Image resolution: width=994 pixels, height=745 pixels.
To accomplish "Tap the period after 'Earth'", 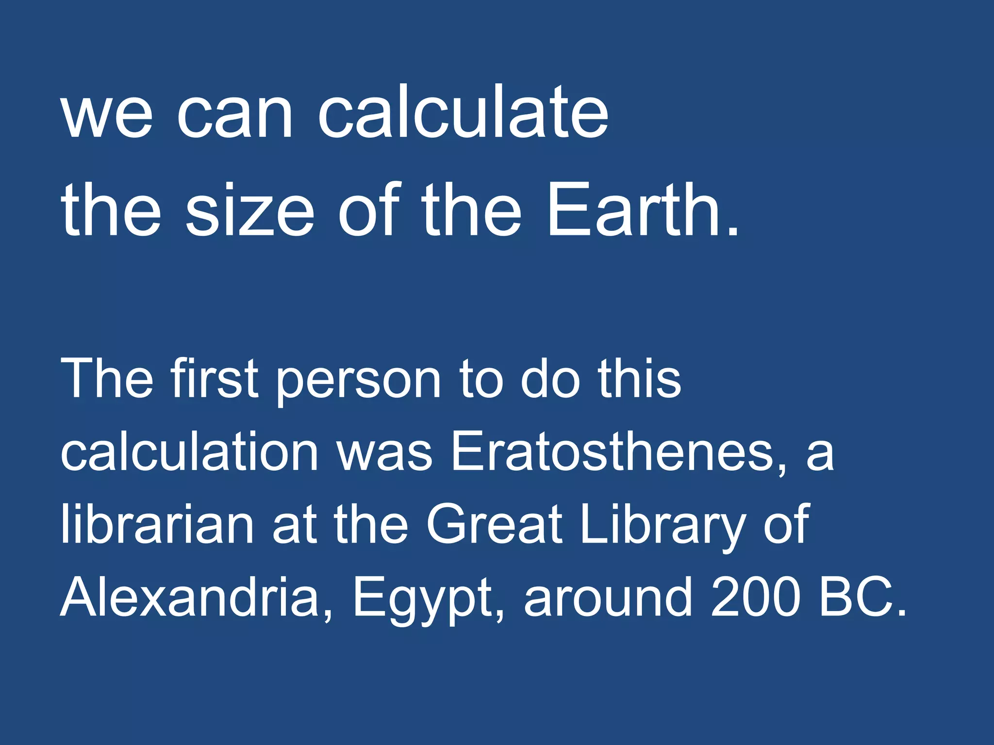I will point(732,230).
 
